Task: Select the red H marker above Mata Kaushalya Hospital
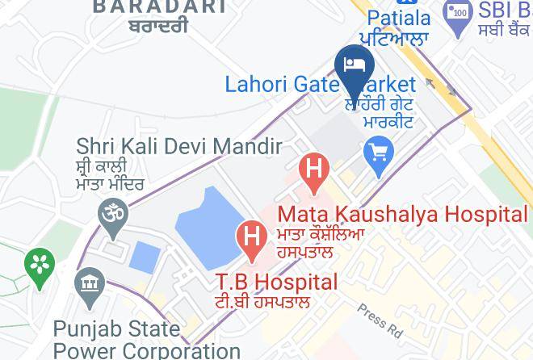point(314,171)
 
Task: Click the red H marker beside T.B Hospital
point(252,238)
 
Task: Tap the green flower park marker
point(39,265)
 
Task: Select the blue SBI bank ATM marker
point(458,15)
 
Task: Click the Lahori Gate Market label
point(320,84)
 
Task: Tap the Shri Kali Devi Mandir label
point(178,147)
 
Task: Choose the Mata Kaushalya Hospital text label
point(402,215)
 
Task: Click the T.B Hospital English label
point(275,282)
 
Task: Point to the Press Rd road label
point(380,320)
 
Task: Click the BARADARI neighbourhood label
point(159,7)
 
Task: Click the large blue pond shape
point(205,230)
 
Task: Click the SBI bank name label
point(505,10)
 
